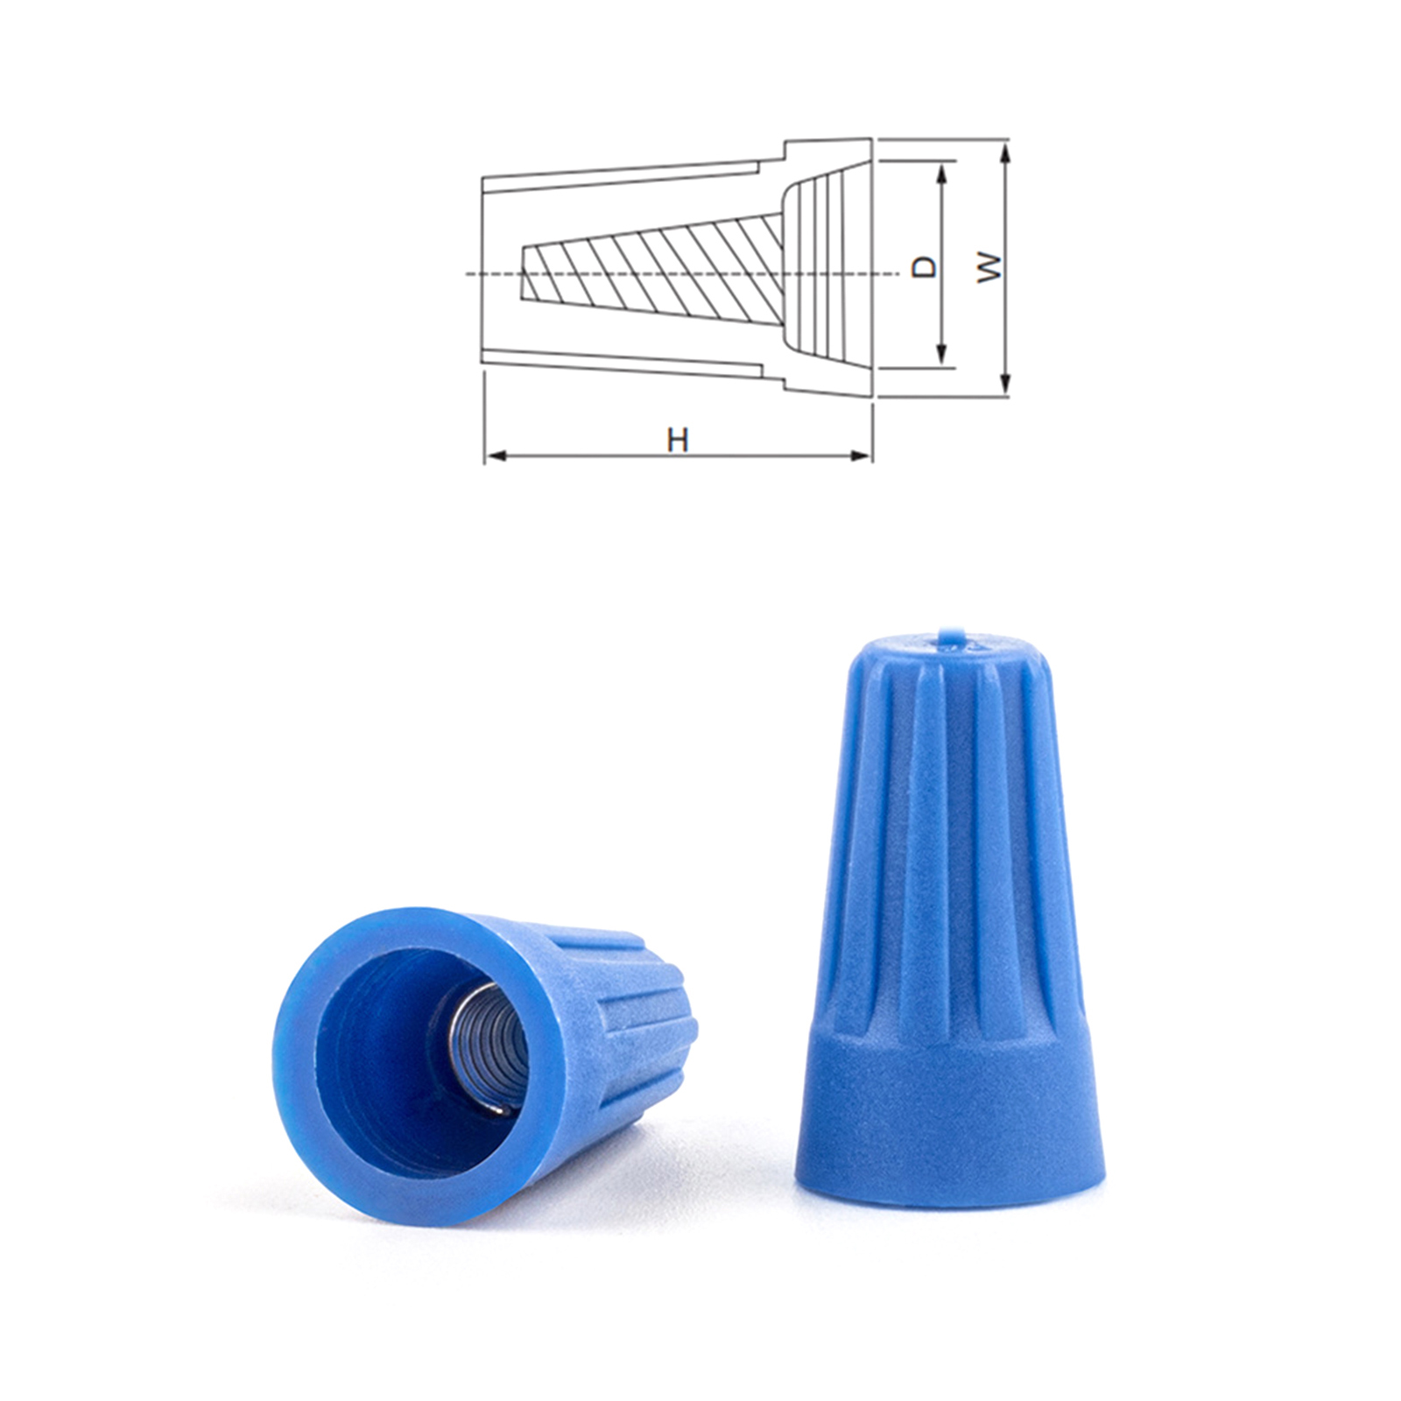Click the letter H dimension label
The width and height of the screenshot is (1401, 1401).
(x=677, y=440)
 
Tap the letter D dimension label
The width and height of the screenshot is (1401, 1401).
(x=924, y=266)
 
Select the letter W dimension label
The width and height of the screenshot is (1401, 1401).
(x=989, y=266)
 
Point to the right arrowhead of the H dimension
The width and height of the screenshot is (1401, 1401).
(x=862, y=455)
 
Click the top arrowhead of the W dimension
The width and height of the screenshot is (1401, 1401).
(x=1005, y=156)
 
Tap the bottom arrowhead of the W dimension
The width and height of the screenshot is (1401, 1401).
(x=1005, y=383)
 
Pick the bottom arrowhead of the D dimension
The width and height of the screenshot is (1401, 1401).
(x=942, y=352)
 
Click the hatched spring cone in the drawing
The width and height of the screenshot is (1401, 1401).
(x=652, y=272)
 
